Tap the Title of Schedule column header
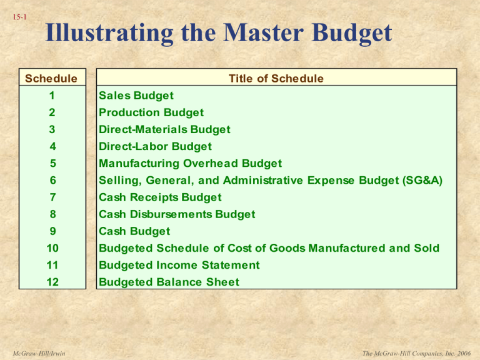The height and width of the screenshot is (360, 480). (276, 79)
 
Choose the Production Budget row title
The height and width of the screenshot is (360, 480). (152, 112)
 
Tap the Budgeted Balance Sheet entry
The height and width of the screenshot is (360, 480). (169, 282)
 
